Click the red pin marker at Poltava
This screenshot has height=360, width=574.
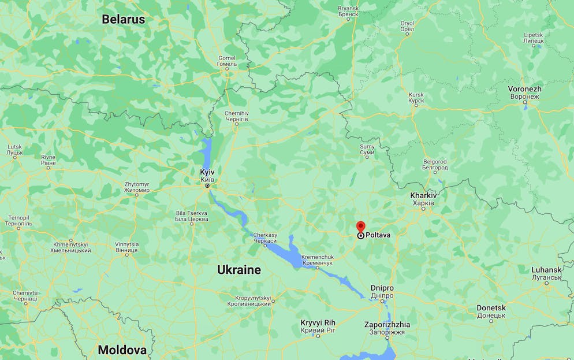click(361, 227)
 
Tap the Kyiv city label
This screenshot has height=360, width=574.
click(207, 176)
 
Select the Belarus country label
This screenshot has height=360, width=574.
click(124, 19)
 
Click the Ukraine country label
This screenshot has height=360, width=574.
click(238, 270)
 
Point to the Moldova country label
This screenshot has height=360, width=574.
click(122, 350)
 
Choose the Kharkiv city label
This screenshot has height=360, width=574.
click(423, 199)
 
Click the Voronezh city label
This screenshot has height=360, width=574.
click(524, 92)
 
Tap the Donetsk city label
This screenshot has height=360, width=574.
click(491, 311)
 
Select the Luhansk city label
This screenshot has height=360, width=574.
click(546, 273)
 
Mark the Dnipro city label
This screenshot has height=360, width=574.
click(382, 291)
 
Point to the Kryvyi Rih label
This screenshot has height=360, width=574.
click(318, 326)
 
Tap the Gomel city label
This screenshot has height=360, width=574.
click(227, 61)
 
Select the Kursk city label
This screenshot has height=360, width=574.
click(416, 98)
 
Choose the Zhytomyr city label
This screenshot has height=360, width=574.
click(137, 187)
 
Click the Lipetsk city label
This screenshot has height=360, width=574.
click(534, 38)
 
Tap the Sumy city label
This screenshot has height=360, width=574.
click(367, 150)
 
